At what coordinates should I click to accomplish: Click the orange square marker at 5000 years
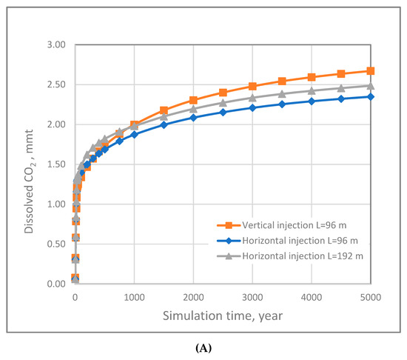pos(371,71)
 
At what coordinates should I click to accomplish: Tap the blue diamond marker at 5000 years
pos(371,96)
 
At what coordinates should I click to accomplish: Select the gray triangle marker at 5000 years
pos(371,85)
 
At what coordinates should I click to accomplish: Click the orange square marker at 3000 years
pos(252,86)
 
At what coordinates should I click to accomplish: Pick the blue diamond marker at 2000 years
pos(193,118)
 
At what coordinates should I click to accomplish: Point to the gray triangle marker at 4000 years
pos(312,91)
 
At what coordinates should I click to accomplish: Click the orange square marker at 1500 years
pos(164,110)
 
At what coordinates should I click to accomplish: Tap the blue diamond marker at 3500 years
pos(282,104)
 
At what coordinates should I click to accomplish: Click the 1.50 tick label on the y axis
pos(56,164)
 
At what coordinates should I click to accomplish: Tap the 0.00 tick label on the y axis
pos(56,284)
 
